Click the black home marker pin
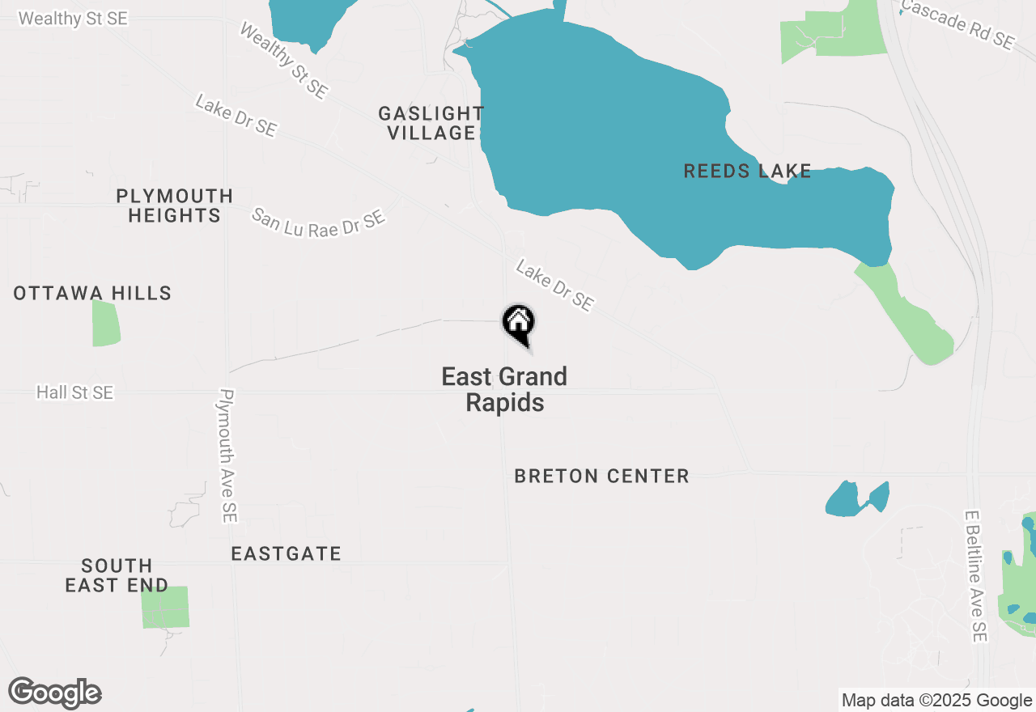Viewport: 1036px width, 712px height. pyautogui.click(x=519, y=324)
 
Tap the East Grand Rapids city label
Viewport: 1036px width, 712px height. pyautogui.click(x=504, y=389)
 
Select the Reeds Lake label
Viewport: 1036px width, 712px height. pyautogui.click(x=747, y=171)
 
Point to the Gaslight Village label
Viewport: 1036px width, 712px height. pyautogui.click(x=431, y=123)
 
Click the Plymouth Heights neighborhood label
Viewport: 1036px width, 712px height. pyautogui.click(x=174, y=206)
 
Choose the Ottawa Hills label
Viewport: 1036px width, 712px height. pyautogui.click(x=92, y=293)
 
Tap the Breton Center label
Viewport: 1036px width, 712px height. pyautogui.click(x=601, y=476)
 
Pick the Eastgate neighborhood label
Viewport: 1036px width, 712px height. pyautogui.click(x=286, y=553)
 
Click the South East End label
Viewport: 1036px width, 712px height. pyautogui.click(x=117, y=575)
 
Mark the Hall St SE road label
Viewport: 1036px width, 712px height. pyautogui.click(x=74, y=392)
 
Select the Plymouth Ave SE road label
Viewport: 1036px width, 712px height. pyautogui.click(x=228, y=456)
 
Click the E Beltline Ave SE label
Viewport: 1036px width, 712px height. pyautogui.click(x=977, y=575)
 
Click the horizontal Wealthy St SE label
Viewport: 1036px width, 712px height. pyautogui.click(x=73, y=18)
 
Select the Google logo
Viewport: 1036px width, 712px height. pyautogui.click(x=55, y=693)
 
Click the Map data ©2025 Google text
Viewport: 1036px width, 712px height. pyautogui.click(x=936, y=701)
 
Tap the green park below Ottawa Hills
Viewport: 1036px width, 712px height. pyautogui.click(x=105, y=323)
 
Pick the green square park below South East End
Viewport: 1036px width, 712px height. pyautogui.click(x=165, y=607)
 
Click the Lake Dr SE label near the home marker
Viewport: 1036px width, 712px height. pyautogui.click(x=554, y=286)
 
